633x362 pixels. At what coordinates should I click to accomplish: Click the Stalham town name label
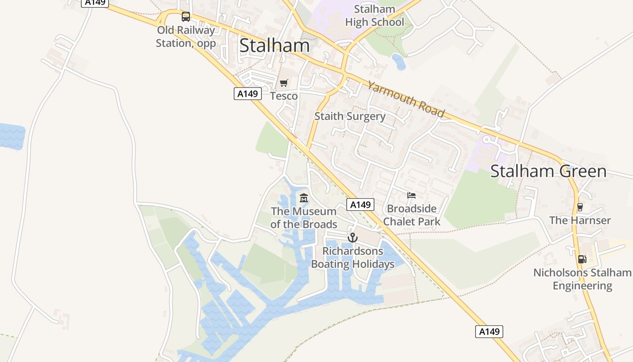pos(274,46)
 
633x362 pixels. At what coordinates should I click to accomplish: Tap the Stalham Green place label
pos(548,171)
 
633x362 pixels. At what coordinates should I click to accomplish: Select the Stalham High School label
pos(374,16)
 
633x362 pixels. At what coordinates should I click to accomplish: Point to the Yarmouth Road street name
pos(406,99)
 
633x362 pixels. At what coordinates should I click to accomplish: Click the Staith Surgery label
pos(350,116)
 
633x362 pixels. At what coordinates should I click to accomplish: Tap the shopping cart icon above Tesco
pos(284,83)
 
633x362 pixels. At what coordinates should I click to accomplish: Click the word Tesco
pos(284,96)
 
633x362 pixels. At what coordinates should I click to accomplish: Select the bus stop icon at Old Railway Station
pos(186,17)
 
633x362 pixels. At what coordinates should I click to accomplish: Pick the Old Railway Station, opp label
pos(186,37)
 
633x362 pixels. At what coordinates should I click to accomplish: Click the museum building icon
pos(304,198)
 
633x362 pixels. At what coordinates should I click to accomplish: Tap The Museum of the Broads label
pos(304,218)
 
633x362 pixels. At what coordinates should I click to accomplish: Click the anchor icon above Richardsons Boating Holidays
pos(353,238)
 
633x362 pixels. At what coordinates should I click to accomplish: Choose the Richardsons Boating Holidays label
pos(353,257)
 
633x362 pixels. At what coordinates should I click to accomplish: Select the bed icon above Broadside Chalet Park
pos(411,195)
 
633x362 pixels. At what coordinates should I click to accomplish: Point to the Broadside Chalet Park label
pos(411,215)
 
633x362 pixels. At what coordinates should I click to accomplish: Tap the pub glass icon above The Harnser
pos(580,207)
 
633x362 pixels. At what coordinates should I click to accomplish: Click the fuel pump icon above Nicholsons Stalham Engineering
pos(582,259)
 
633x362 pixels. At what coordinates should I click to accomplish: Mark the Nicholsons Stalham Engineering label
pos(582,279)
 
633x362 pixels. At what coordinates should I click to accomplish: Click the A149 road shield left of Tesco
pos(248,94)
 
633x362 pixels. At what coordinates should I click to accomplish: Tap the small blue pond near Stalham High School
pos(399,62)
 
